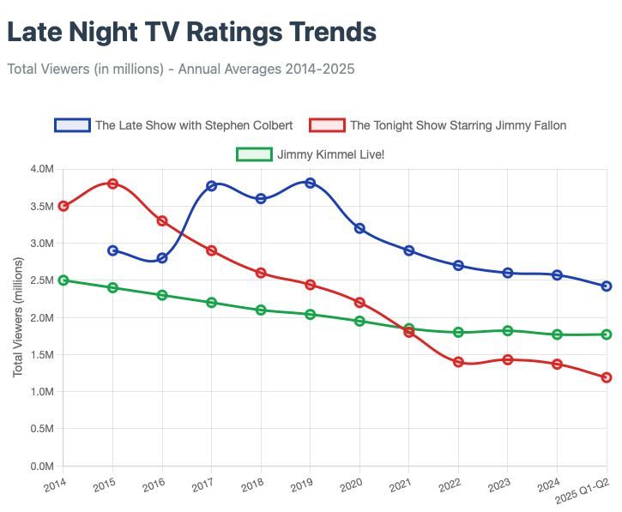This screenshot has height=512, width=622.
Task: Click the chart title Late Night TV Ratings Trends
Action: coord(191,33)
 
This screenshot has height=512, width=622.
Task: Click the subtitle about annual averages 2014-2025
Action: coord(180,69)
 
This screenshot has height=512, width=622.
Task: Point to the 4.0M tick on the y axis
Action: coord(40,169)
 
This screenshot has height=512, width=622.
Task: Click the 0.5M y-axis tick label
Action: coord(40,429)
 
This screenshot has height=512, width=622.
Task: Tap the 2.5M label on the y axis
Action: coord(40,280)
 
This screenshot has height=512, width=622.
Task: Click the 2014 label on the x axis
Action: coord(55,486)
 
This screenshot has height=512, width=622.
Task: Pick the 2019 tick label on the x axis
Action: coord(301,486)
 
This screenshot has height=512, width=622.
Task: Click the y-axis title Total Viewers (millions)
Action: coord(18,317)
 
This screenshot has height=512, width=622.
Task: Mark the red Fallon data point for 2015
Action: coord(112,184)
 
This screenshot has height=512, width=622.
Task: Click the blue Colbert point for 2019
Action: coord(311,183)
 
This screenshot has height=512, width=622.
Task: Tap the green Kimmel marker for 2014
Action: coord(63,280)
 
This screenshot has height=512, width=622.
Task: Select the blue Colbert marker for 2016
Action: coord(162,258)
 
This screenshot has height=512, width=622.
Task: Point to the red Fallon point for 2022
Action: coord(458,362)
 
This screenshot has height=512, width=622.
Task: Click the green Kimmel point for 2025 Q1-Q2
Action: coord(606,334)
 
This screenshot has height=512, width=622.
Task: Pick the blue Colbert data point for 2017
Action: coord(212,185)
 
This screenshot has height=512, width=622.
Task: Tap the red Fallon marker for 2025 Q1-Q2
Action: coord(606,377)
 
